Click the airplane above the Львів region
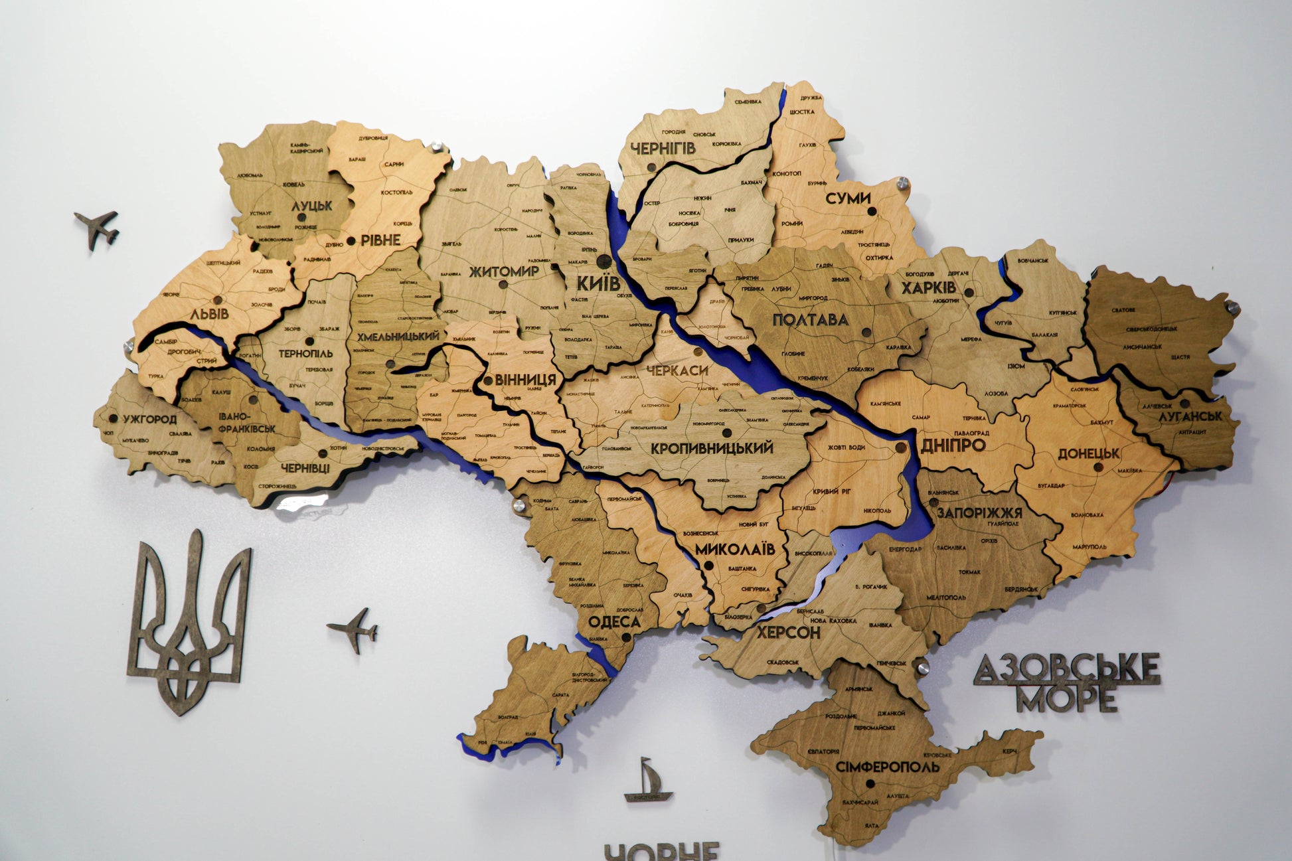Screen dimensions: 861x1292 (98, 228)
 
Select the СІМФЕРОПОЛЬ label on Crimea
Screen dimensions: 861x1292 (888, 767)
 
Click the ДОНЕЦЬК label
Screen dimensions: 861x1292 (1089, 454)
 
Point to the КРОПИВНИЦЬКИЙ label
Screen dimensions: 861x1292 (712, 448)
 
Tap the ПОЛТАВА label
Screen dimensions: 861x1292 (810, 320)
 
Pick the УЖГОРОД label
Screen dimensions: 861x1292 (149, 420)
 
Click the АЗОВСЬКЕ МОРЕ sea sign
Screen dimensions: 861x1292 (1067, 681)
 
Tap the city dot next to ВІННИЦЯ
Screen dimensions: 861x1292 (489, 381)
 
